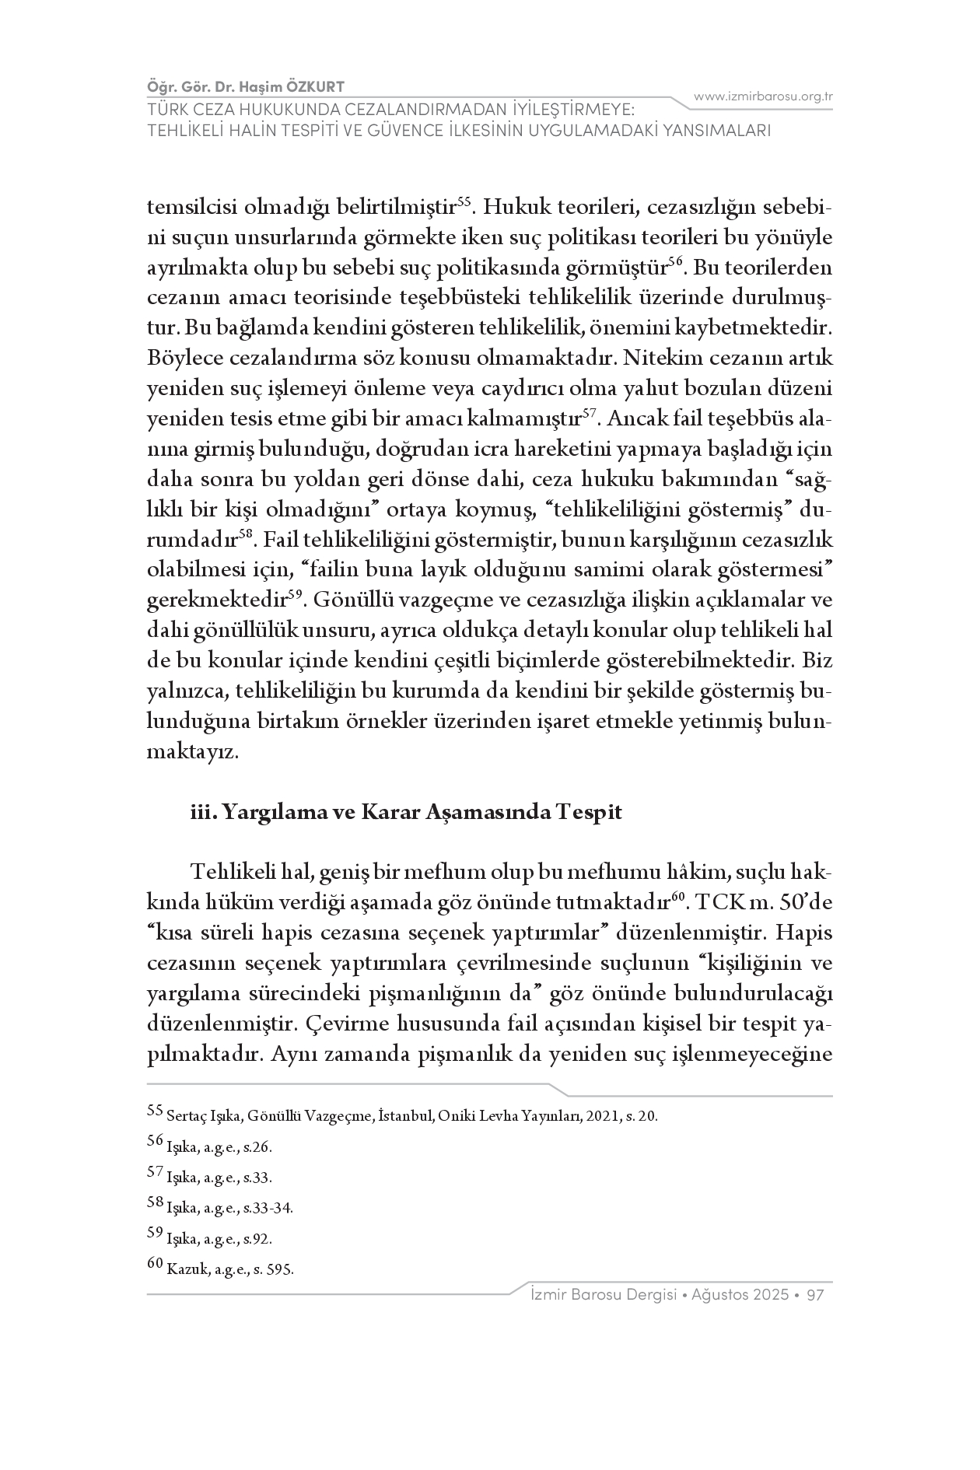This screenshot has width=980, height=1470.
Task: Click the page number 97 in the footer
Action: click(815, 1295)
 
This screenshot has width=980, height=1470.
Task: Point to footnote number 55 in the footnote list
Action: click(156, 1111)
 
